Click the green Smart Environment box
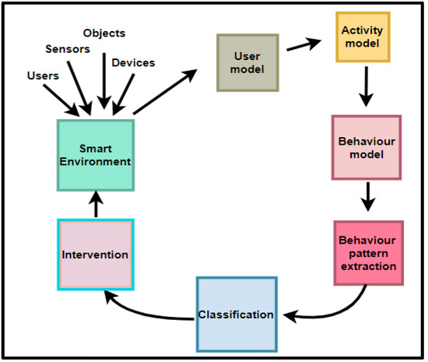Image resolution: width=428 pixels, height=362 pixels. tap(95, 154)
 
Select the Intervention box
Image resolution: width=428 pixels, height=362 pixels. tap(95, 254)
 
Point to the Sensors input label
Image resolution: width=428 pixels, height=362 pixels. tap(68, 48)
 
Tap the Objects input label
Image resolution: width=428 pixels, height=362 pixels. tap(103, 33)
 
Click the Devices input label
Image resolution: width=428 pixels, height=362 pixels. tap(133, 62)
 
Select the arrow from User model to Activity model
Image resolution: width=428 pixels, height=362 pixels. tap(304, 46)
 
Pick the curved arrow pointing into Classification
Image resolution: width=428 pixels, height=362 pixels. tap(335, 308)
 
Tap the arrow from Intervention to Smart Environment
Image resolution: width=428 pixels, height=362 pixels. tap(96, 204)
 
